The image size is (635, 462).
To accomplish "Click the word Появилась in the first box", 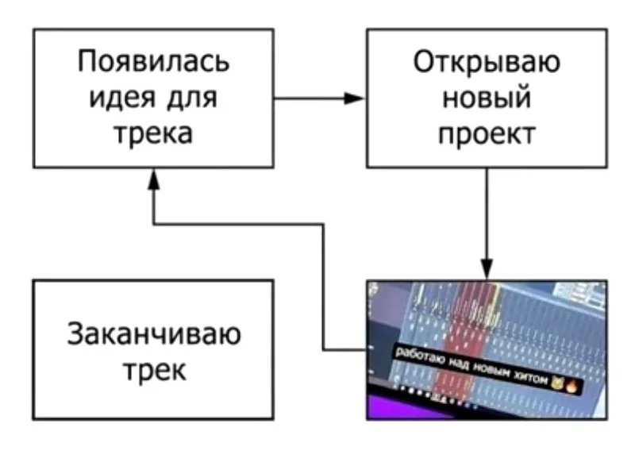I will [153, 62].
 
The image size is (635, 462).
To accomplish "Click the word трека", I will [153, 133].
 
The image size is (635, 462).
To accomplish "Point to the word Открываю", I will [486, 62].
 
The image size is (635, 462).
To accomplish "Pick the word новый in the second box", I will [486, 98].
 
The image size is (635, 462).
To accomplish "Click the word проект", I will [486, 133].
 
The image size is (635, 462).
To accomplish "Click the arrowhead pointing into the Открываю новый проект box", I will [357, 98].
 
